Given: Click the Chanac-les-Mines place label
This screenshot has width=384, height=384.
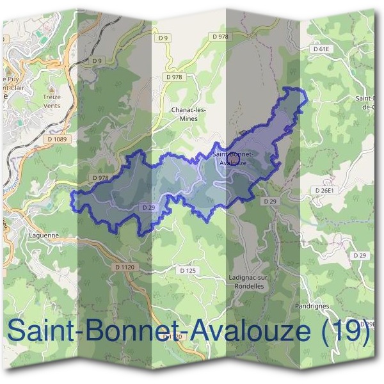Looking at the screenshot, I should pyautogui.click(x=189, y=114).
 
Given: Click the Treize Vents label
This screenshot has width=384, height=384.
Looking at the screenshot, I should pyautogui.click(x=52, y=102).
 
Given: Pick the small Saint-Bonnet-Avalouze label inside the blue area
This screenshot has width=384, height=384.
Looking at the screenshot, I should pyautogui.click(x=232, y=159).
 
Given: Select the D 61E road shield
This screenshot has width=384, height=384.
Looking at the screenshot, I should pyautogui.click(x=321, y=49).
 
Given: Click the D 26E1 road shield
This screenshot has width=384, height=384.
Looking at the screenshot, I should pyautogui.click(x=325, y=190).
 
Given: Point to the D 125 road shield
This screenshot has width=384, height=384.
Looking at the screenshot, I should pyautogui.click(x=188, y=271).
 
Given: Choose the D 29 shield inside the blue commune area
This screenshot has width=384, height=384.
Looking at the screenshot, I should pyautogui.click(x=148, y=207).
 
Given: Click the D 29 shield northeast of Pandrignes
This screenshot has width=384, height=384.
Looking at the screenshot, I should pyautogui.click(x=360, y=255).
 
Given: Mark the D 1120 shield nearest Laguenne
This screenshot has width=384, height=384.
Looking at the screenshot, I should pyautogui.click(x=124, y=266).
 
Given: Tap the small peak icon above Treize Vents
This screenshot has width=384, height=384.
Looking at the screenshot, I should pyautogui.click(x=52, y=85).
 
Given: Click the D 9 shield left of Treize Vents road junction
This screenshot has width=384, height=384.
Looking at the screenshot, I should pyautogui.click(x=97, y=60).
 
